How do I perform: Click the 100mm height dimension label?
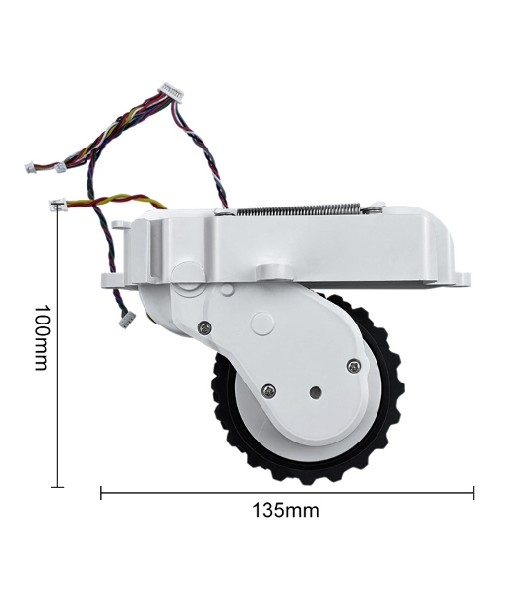42,337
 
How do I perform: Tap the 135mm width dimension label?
285,511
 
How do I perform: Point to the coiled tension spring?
299,210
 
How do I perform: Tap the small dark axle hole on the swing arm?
316,393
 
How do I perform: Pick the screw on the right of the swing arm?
354,366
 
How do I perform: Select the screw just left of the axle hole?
269,391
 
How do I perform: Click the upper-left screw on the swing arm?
204,328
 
